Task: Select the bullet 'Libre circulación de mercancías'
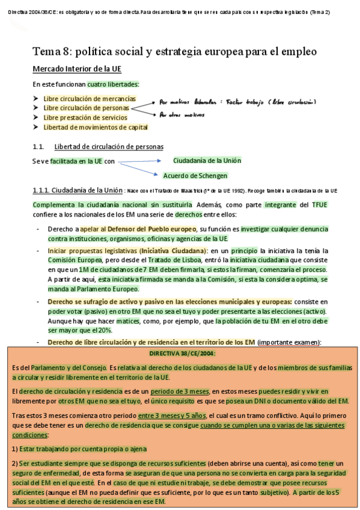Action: pyautogui.click(x=90, y=99)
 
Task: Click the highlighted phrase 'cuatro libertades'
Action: pyautogui.click(x=113, y=84)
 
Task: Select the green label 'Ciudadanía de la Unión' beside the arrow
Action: pyautogui.click(x=207, y=161)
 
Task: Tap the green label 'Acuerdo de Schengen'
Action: pyautogui.click(x=195, y=176)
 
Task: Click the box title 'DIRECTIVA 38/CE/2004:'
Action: pyautogui.click(x=182, y=354)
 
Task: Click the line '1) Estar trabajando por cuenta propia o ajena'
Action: pyautogui.click(x=79, y=449)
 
